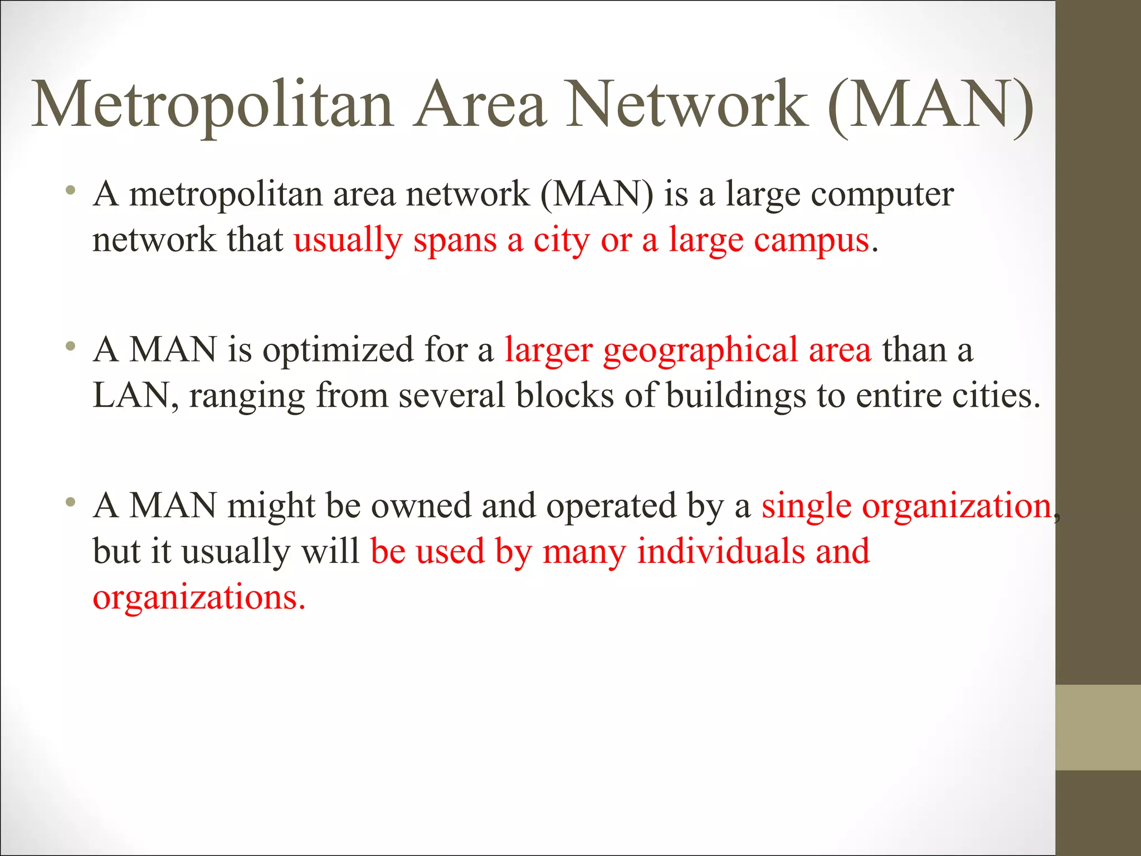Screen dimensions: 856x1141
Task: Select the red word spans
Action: pyautogui.click(x=455, y=241)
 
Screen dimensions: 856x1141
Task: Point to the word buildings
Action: pyautogui.click(x=735, y=397)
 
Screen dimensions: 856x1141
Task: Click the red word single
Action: pyautogui.click(x=806, y=508)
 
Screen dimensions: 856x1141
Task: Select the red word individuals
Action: pyautogui.click(x=721, y=552)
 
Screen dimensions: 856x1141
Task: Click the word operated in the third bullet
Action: pyautogui.click(x=611, y=508)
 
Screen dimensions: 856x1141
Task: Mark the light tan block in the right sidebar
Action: pyautogui.click(x=1098, y=727)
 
